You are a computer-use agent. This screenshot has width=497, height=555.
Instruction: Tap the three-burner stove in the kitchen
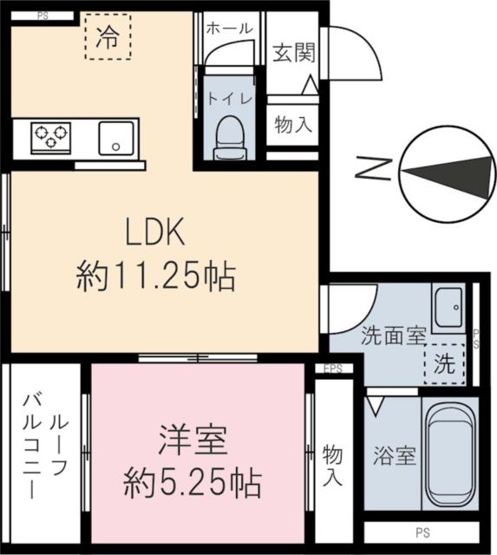49,136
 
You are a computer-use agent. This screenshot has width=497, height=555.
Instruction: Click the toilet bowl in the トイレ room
229,138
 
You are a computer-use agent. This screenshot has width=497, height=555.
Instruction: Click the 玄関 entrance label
291,52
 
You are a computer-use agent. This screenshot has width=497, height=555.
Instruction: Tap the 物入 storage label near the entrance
291,124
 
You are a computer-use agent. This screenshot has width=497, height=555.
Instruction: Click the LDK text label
156,232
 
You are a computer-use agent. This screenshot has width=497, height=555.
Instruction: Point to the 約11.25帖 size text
156,277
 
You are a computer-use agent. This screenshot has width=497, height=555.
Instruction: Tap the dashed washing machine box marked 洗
443,363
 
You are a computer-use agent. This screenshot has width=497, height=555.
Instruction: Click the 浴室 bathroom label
393,455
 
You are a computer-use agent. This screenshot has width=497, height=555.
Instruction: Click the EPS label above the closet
333,369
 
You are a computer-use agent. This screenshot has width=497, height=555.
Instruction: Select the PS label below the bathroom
422,532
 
